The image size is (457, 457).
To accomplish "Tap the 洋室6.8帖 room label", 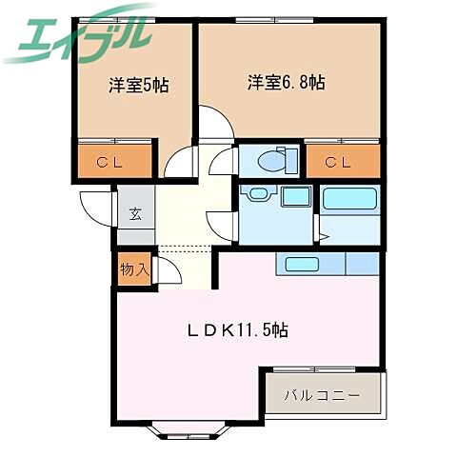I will pos(288,83).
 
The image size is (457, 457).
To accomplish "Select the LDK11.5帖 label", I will pos(236,330).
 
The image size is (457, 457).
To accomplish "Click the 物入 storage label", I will pos(133,269).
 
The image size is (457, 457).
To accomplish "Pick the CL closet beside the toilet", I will pos(342,162).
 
